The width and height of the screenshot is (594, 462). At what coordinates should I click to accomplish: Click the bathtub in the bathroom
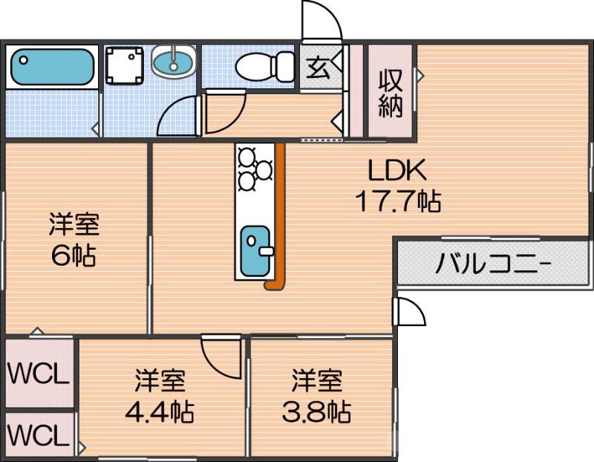tap(51, 67)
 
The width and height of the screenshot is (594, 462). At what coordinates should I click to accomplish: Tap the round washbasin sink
tap(174, 61)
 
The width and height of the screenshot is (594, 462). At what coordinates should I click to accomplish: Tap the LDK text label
tap(397, 172)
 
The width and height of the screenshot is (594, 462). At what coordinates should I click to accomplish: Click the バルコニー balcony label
tap(493, 264)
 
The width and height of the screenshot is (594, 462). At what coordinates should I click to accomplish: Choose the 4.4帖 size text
tap(159, 409)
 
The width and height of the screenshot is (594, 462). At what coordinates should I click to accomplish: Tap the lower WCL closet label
tap(38, 434)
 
